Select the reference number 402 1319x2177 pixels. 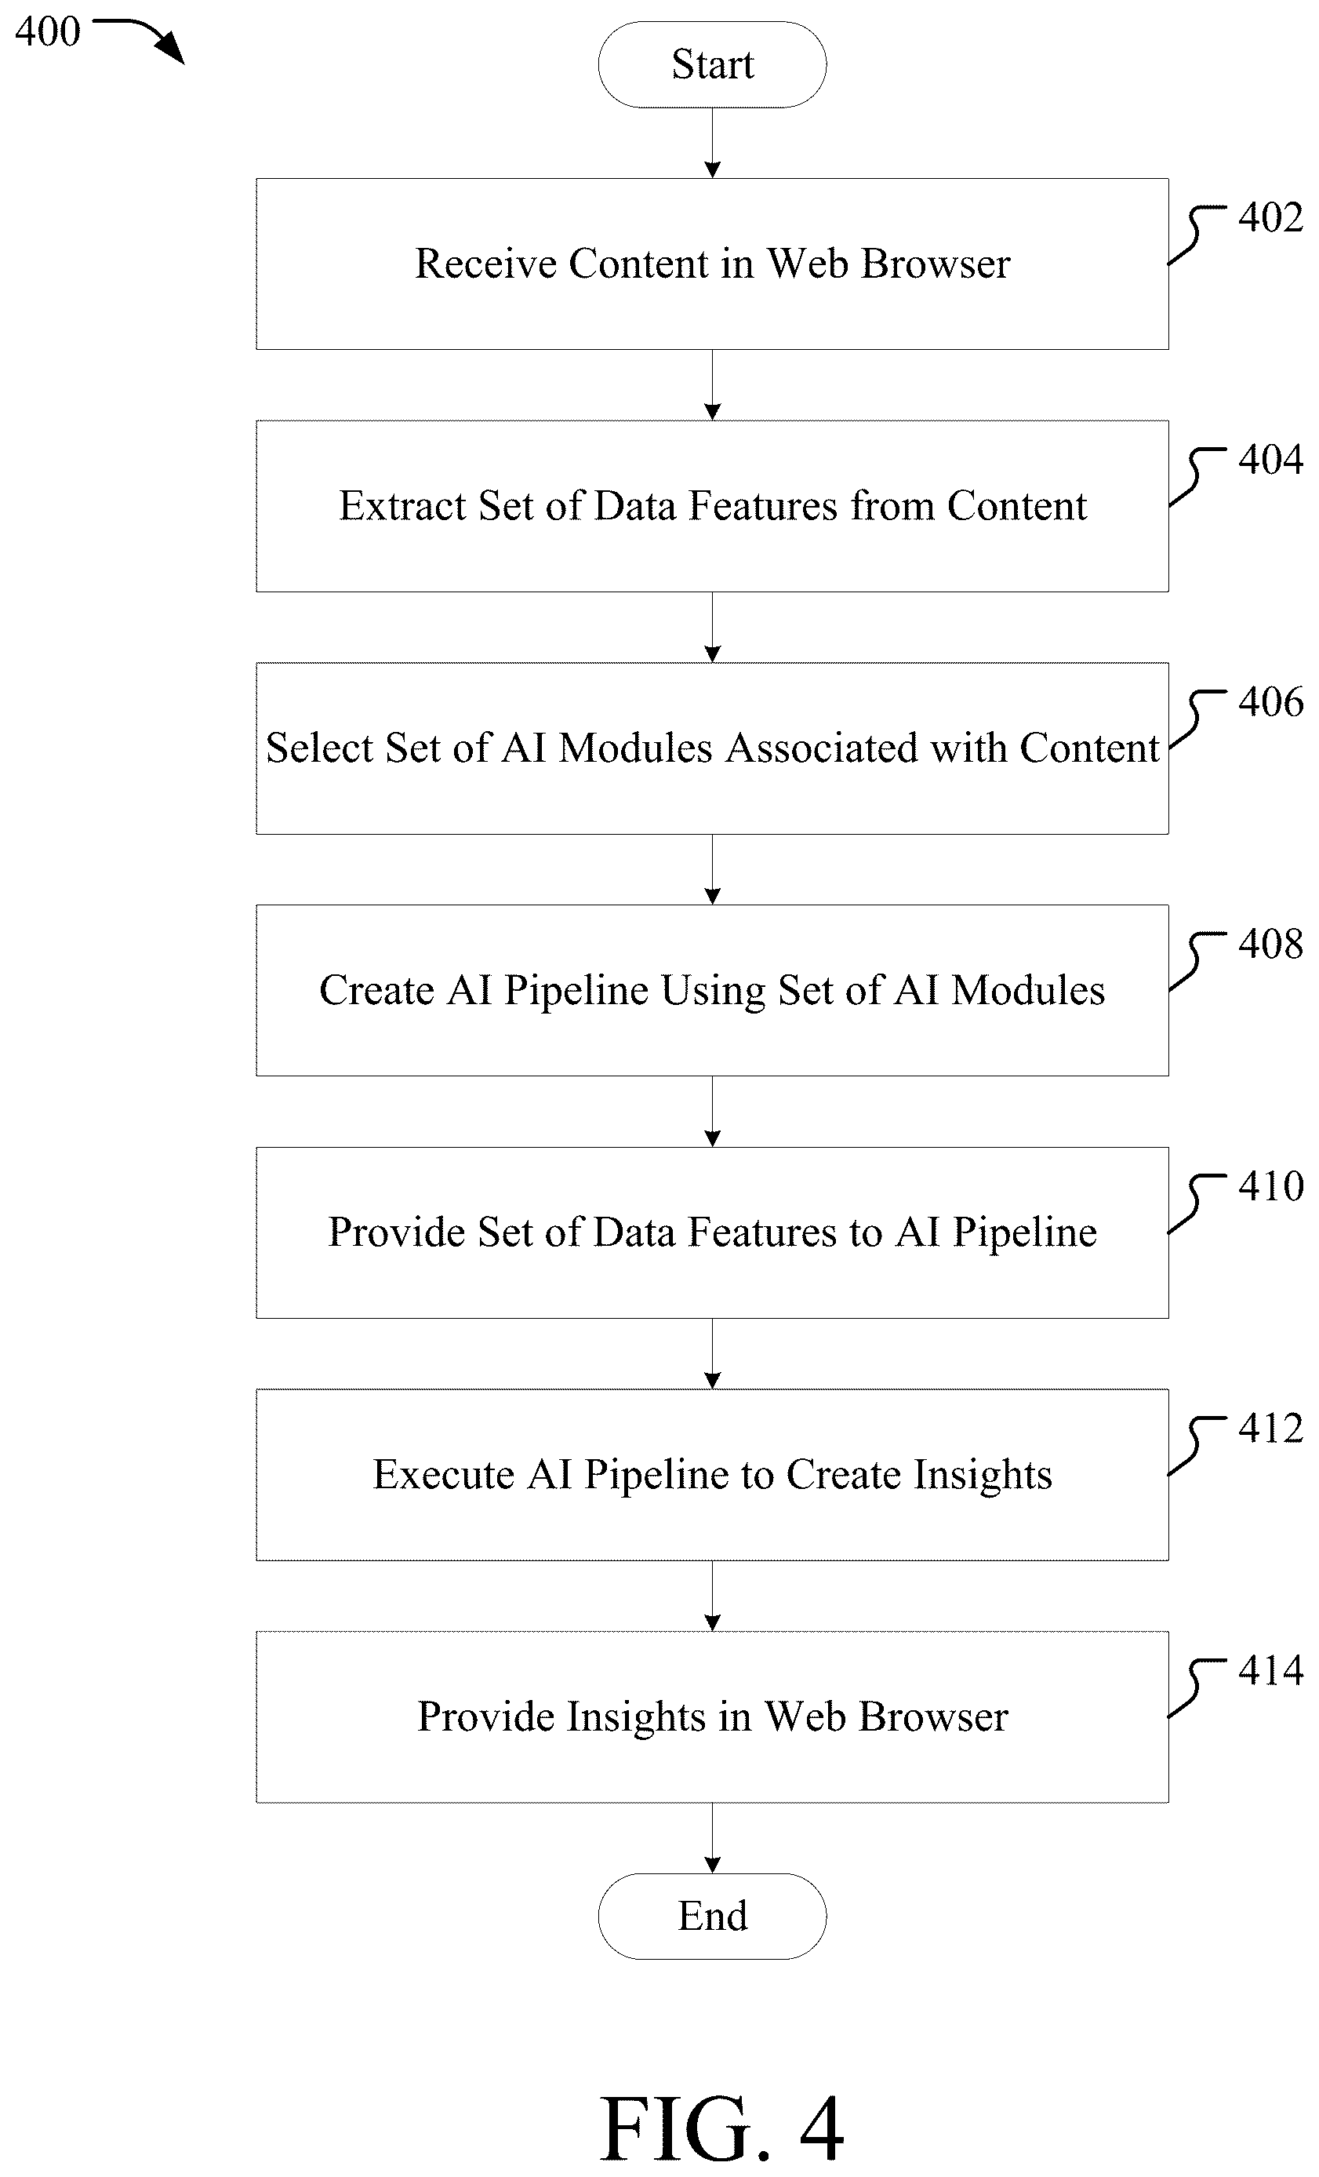(1270, 217)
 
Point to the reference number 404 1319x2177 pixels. (1270, 460)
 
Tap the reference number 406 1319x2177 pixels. (1270, 701)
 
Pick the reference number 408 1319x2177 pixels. (1270, 944)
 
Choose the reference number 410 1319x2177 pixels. (1270, 1185)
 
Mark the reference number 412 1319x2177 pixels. (1270, 1428)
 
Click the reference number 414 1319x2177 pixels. (1270, 1670)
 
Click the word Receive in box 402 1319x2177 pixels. (485, 264)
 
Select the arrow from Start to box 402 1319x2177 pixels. (712, 143)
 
